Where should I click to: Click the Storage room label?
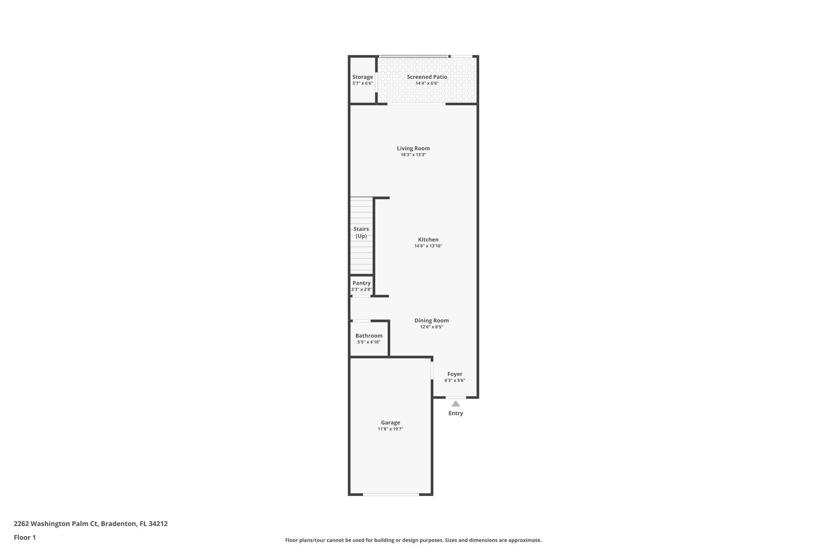tap(362, 77)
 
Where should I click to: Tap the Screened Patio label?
tap(427, 77)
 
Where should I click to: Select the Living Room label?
tap(413, 149)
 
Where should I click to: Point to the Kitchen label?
tap(428, 240)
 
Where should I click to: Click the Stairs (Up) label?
tap(361, 233)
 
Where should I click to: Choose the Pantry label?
tap(361, 283)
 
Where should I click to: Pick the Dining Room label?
tap(431, 321)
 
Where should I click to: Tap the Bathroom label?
tap(369, 336)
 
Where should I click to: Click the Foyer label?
tap(455, 374)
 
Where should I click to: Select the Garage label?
tap(390, 423)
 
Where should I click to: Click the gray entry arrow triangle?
tap(455, 404)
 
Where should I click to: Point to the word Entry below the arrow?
tap(455, 413)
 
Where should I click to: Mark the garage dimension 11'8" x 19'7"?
tap(390, 429)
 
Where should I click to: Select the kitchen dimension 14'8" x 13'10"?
tap(428, 246)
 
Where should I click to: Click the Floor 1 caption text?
tap(25, 538)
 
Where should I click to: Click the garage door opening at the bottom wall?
tap(391, 494)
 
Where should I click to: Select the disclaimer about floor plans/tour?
tap(413, 540)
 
